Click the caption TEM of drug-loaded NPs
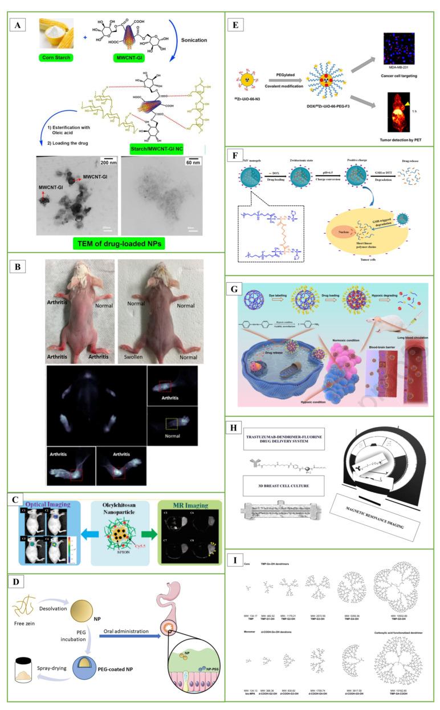click(x=121, y=243)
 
